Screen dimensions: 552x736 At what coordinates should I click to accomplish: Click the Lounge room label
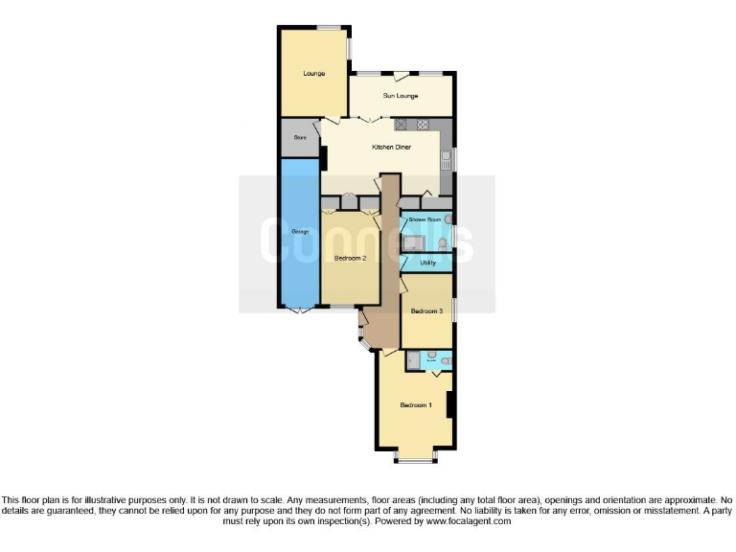click(x=313, y=74)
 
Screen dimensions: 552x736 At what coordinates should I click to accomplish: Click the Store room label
click(x=299, y=138)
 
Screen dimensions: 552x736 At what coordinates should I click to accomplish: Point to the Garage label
click(x=299, y=233)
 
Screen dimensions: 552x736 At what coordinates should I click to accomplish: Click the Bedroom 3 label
click(x=425, y=311)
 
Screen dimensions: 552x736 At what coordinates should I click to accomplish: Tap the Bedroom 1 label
click(x=416, y=405)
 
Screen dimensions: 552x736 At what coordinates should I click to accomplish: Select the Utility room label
click(x=428, y=262)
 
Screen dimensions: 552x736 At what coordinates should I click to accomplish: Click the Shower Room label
click(x=424, y=220)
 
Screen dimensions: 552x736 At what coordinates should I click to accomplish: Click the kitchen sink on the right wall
click(x=446, y=159)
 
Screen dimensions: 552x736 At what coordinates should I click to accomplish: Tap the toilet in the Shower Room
click(x=442, y=241)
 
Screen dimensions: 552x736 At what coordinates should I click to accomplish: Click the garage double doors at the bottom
click(x=300, y=310)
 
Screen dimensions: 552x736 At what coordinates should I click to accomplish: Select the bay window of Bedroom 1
click(x=415, y=461)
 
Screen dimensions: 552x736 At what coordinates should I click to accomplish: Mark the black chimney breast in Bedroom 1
click(x=450, y=404)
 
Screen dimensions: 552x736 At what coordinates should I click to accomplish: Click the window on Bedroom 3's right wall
click(x=453, y=310)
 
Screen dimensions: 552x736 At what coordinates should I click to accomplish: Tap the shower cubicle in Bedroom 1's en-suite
click(x=412, y=360)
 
